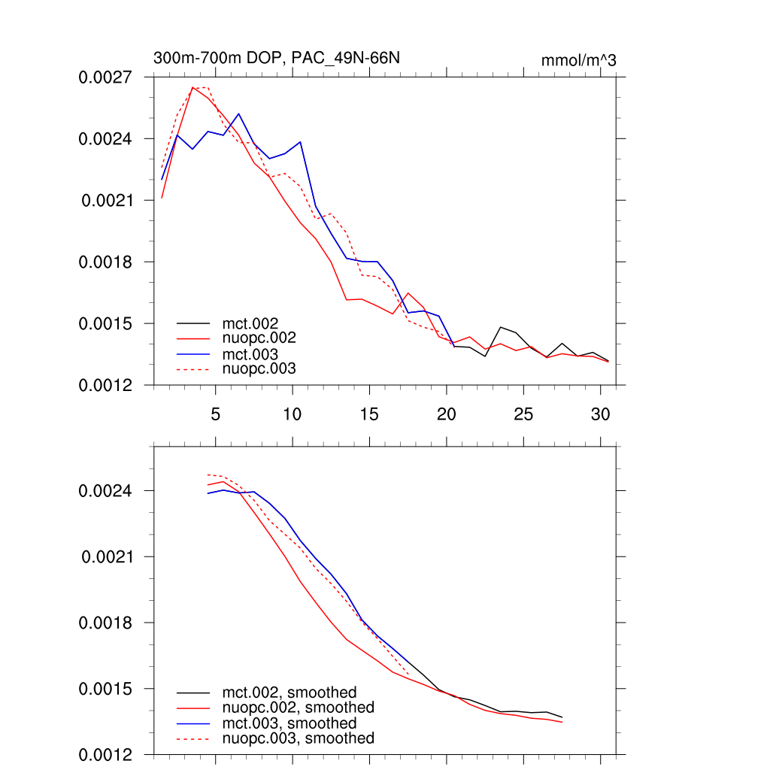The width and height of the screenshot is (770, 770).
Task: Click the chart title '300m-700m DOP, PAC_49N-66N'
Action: pyautogui.click(x=282, y=59)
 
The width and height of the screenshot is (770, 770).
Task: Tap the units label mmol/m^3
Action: pyautogui.click(x=578, y=60)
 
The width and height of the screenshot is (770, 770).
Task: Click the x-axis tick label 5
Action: pyautogui.click(x=215, y=414)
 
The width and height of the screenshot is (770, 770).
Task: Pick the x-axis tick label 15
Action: pyautogui.click(x=368, y=414)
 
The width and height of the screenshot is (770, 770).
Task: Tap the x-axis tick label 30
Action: pyautogui.click(x=599, y=414)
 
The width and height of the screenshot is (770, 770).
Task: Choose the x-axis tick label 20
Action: pyautogui.click(x=446, y=414)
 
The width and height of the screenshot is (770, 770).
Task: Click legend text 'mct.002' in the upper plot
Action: pyautogui.click(x=256, y=323)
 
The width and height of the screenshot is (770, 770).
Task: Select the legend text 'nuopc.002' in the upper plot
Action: pyautogui.click(x=265, y=338)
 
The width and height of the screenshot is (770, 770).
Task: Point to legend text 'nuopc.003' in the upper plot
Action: pyautogui.click(x=265, y=368)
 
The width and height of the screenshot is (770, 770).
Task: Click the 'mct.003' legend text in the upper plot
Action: pyautogui.click(x=256, y=353)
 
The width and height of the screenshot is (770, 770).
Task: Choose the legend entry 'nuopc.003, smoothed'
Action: pyautogui.click(x=299, y=738)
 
